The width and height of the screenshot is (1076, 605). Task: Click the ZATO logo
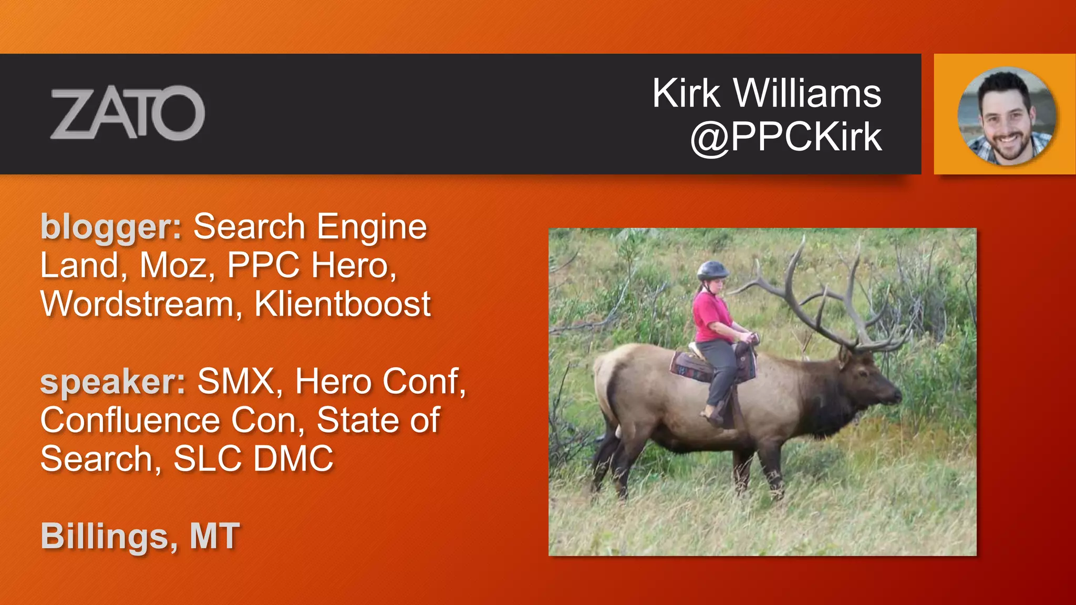coord(127,113)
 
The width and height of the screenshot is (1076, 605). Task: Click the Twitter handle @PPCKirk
coord(786,137)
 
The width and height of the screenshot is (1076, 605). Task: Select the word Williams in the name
coord(807,93)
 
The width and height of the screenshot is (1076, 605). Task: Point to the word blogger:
coord(111,227)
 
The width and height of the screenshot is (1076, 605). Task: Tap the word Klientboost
coord(343,304)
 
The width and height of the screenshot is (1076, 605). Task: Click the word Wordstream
coord(137,304)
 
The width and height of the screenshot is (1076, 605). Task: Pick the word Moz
coord(173,265)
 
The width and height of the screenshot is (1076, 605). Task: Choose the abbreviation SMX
coord(236,382)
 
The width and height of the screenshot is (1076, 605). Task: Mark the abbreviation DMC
coord(293,459)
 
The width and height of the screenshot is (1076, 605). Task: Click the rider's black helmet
coord(712,270)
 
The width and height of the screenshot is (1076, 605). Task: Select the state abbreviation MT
coord(214,536)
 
